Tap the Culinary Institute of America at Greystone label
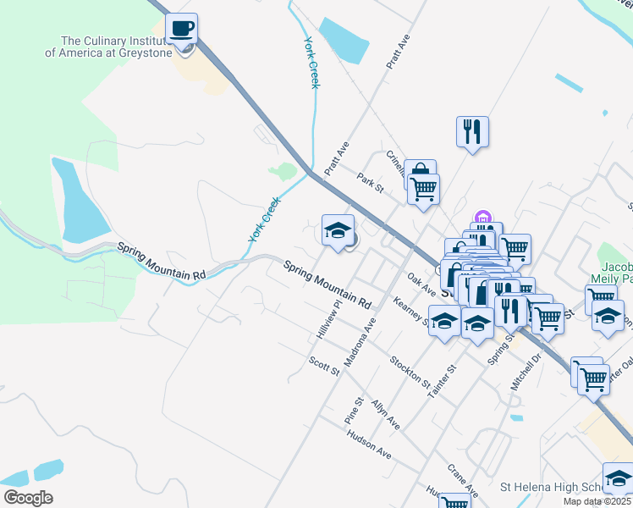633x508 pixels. pos(117,47)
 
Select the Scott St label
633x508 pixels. pos(323,366)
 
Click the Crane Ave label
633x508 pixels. pos(463,479)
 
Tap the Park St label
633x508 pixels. pos(371,183)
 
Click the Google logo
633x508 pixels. pos(28,498)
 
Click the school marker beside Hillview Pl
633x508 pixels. pos(338,231)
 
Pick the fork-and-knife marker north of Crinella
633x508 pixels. pos(472,132)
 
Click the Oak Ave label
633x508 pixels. pos(421,284)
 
